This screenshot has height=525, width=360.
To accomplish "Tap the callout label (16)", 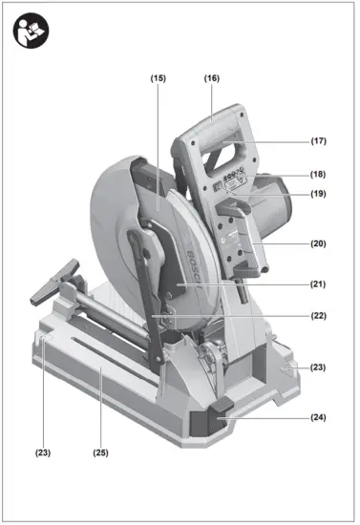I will (212, 78).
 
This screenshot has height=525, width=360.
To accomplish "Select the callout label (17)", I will (318, 141).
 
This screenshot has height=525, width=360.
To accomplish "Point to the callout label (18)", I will (318, 174).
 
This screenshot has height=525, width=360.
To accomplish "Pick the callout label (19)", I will (318, 195).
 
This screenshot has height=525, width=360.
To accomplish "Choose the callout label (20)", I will (318, 243).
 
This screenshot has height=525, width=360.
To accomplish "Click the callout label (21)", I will (318, 284).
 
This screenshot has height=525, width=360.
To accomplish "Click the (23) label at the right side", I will (318, 367).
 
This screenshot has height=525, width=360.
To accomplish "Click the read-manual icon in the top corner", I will (29, 30).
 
